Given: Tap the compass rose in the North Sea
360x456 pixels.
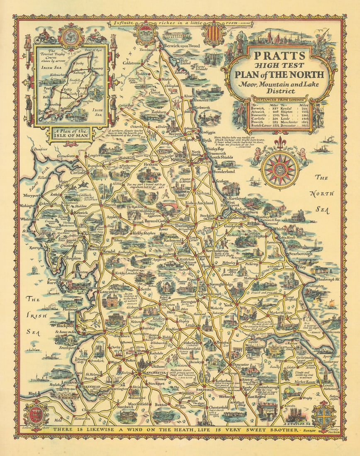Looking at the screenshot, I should pyautogui.click(x=280, y=169).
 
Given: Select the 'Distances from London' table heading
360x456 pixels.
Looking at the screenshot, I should pyautogui.click(x=280, y=99).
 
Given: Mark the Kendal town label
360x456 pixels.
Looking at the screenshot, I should pyautogui.click(x=98, y=252).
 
